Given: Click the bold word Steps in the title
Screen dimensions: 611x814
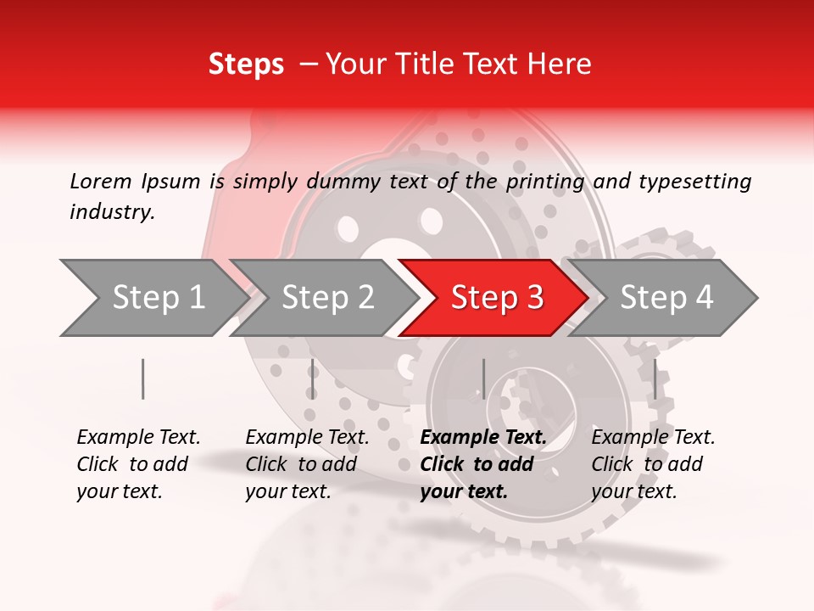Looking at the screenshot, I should [x=246, y=64].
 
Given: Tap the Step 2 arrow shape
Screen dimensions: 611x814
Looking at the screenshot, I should [x=327, y=297].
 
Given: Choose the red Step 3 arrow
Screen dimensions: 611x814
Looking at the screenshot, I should [x=497, y=297].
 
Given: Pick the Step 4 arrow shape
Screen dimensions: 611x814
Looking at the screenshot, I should [x=666, y=297].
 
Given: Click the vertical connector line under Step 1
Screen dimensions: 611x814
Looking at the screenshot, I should [x=143, y=378].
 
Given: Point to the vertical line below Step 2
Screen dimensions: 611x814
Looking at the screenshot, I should [x=313, y=378].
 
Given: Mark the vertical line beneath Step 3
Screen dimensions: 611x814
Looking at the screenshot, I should [x=483, y=378].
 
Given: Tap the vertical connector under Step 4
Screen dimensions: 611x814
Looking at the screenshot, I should [x=655, y=378].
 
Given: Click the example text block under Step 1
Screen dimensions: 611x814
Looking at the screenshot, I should [x=138, y=464].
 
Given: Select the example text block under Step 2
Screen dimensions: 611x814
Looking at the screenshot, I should [x=307, y=464].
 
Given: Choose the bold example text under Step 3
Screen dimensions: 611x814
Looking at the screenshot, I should [x=483, y=464].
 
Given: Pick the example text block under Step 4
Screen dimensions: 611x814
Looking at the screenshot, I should [x=653, y=464].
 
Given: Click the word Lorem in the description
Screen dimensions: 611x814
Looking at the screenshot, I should [x=101, y=181].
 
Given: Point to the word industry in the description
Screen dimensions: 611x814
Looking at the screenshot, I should [x=112, y=212].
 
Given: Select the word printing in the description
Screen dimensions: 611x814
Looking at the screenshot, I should [x=545, y=181].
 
